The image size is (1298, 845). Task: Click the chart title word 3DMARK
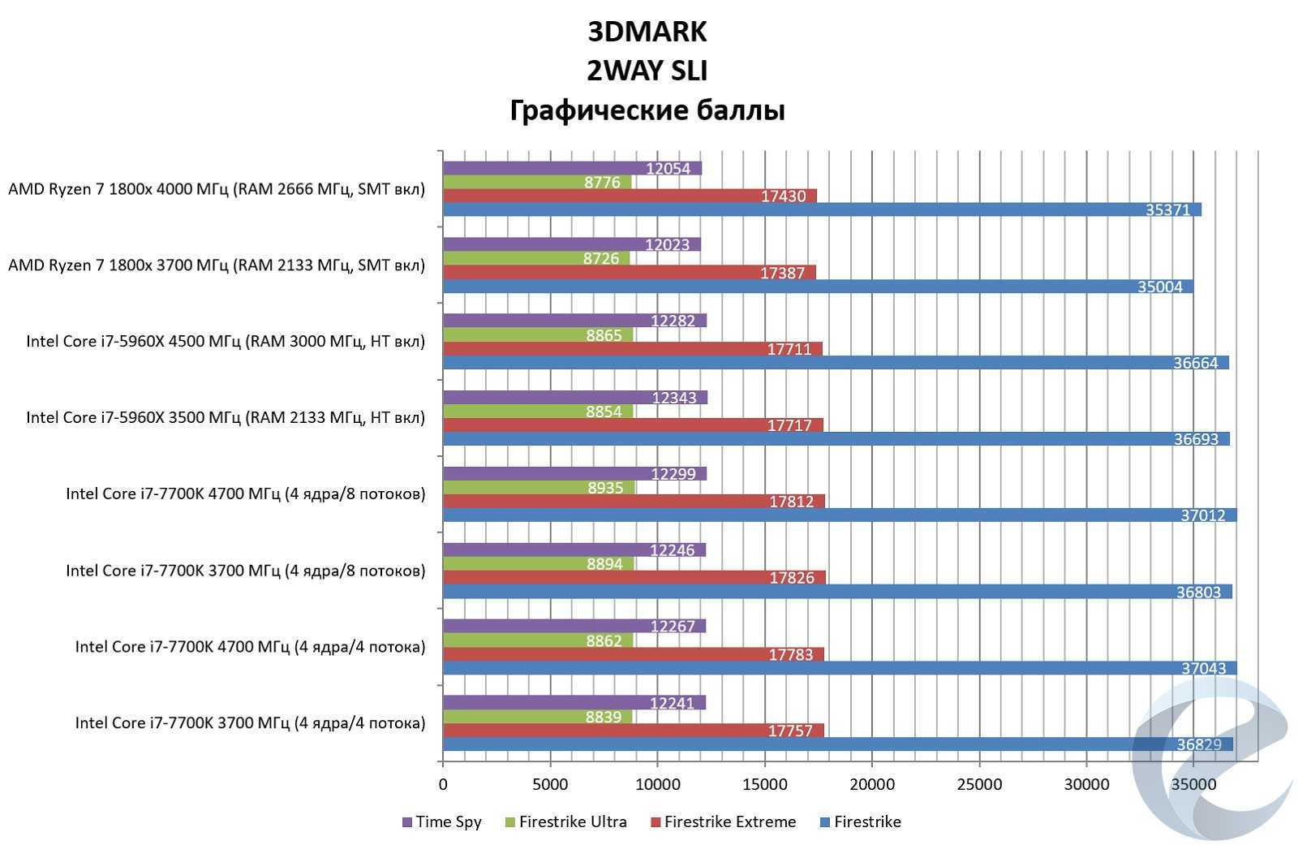647,32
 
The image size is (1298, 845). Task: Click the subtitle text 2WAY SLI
647,71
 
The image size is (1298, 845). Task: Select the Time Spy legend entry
441,821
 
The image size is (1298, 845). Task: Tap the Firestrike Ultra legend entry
565,821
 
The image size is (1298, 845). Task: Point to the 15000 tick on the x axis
764,784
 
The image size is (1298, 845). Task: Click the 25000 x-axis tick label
979,784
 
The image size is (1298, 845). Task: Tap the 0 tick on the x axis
443,784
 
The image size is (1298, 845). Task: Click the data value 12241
673,703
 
